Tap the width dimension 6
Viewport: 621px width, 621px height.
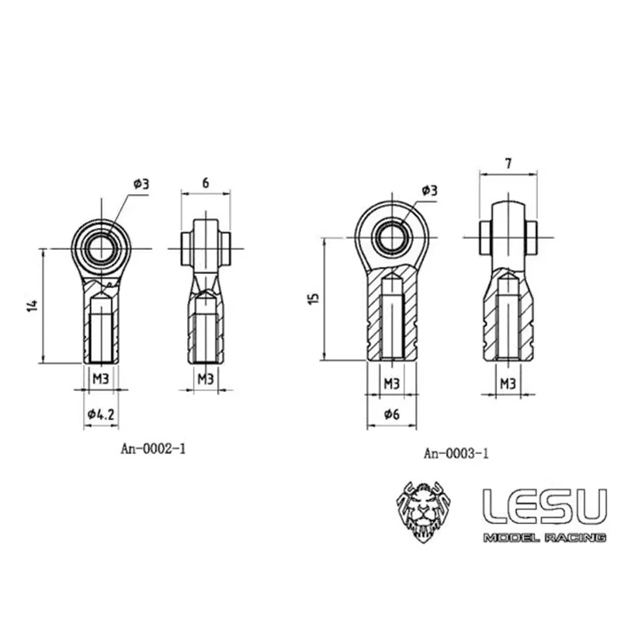pyautogui.click(x=205, y=182)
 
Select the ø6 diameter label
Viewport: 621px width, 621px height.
pyautogui.click(x=391, y=415)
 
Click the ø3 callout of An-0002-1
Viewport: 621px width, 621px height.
pyautogui.click(x=141, y=184)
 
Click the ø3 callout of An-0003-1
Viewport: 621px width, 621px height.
pyautogui.click(x=429, y=190)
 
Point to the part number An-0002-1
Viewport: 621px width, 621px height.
pyautogui.click(x=153, y=448)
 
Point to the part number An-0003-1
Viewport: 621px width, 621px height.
pyautogui.click(x=456, y=454)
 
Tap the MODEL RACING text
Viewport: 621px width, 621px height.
pyautogui.click(x=543, y=538)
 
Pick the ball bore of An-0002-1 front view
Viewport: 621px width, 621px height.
pyautogui.click(x=101, y=248)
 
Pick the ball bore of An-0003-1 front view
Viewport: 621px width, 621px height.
pyautogui.click(x=390, y=236)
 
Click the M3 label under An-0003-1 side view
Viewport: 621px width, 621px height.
pyautogui.click(x=508, y=383)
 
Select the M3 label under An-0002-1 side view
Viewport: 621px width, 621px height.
pyautogui.click(x=205, y=379)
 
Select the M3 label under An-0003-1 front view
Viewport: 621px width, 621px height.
pyautogui.click(x=391, y=383)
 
